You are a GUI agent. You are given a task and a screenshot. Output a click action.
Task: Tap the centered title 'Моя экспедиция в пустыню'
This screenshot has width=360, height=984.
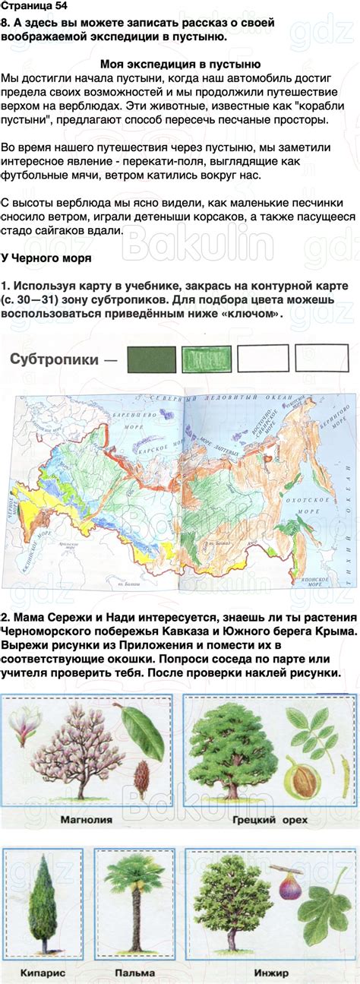pyautogui.click(x=181, y=65)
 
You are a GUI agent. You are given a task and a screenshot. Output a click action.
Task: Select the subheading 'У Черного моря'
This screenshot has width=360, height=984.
pyautogui.click(x=47, y=258)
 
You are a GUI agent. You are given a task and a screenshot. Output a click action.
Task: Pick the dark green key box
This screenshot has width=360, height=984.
pyautogui.click(x=150, y=359)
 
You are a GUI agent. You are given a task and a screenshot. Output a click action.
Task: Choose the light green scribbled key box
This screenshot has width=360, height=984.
pyautogui.click(x=207, y=359)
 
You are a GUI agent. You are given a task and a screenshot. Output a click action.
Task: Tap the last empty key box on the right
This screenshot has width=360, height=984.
pyautogui.click(x=321, y=359)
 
